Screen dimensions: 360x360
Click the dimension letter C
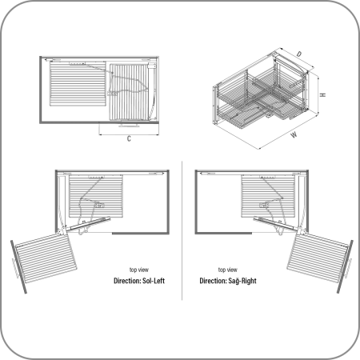129,138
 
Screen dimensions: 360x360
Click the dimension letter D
299,54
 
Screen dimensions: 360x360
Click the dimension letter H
323,94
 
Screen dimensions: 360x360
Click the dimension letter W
294,134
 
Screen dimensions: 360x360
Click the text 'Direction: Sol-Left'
139,281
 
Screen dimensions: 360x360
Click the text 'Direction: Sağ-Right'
228,281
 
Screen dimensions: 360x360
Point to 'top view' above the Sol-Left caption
139,270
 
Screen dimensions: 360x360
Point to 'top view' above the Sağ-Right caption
228,270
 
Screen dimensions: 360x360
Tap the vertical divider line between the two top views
182,230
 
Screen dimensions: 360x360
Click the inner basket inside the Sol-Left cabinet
96,196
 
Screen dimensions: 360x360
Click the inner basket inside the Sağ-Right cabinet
268,196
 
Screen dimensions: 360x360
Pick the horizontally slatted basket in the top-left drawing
78,84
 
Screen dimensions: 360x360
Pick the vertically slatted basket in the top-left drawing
129,92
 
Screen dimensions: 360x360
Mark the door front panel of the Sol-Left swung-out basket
18,267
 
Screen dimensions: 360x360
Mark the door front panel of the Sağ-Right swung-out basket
345,266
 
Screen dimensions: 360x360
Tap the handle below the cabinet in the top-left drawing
129,126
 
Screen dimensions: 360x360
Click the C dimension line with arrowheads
129,134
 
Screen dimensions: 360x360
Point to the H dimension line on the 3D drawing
318,95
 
